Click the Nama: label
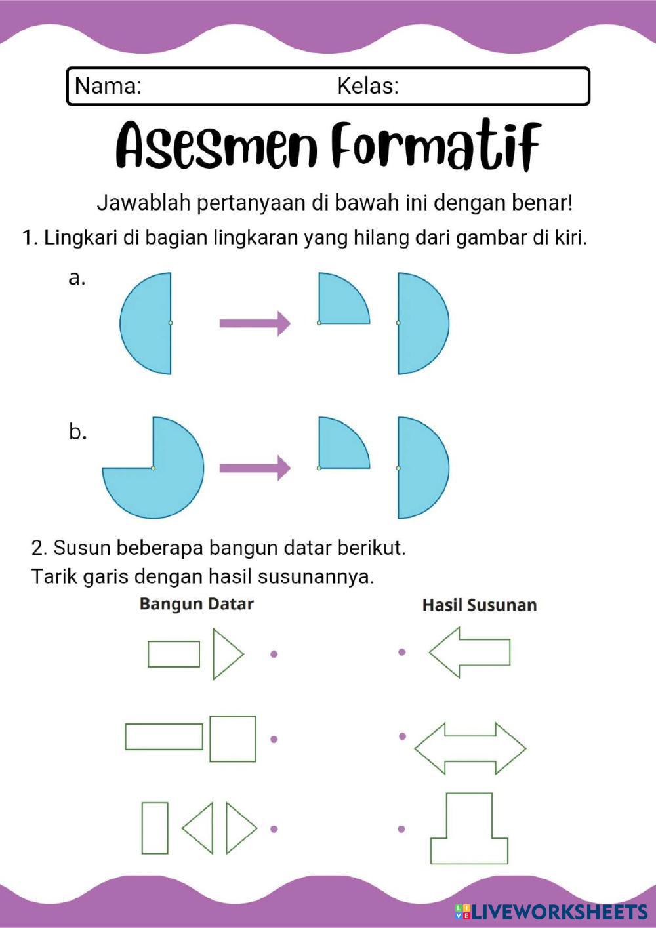(108, 86)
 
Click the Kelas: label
(367, 86)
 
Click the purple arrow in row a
(255, 323)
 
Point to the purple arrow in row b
(255, 468)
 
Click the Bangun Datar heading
(196, 603)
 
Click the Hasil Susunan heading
(479, 605)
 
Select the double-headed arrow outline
(470, 748)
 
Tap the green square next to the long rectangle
(232, 738)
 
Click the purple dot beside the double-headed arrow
(402, 736)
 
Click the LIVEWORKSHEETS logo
(551, 911)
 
